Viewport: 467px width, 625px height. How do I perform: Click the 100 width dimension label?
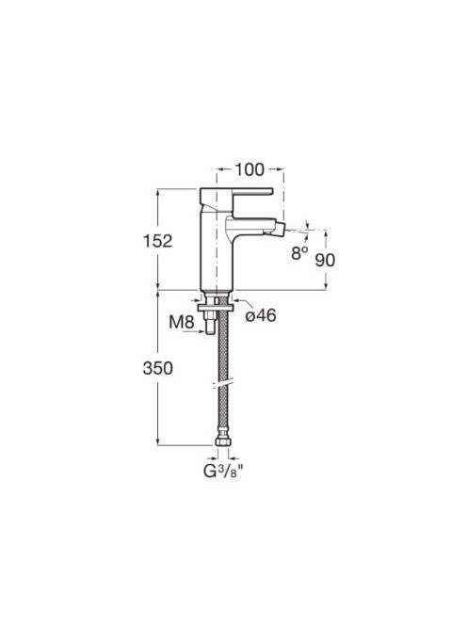click(x=250, y=169)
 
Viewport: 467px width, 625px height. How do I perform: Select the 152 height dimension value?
click(x=157, y=241)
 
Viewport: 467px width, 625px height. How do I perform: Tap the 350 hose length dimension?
click(x=158, y=368)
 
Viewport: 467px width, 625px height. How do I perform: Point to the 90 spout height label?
click(x=325, y=261)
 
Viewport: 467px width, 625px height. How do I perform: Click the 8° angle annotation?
click(x=299, y=252)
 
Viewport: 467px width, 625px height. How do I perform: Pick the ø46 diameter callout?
click(x=261, y=315)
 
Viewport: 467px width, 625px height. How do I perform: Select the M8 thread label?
click(x=182, y=322)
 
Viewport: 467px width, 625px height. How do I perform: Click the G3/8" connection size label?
click(x=223, y=472)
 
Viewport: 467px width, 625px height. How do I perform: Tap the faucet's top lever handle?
click(x=236, y=193)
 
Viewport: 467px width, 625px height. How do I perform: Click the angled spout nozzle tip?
click(x=282, y=230)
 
